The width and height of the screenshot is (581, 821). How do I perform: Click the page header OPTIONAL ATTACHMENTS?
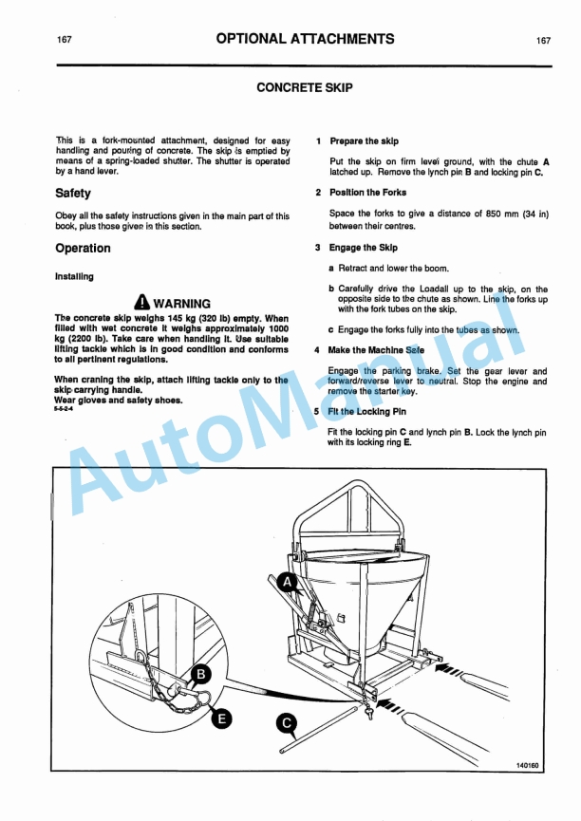pyautogui.click(x=305, y=39)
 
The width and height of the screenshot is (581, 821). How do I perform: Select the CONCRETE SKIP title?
pyautogui.click(x=305, y=87)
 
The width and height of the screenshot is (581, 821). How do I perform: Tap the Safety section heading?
pyautogui.click(x=73, y=193)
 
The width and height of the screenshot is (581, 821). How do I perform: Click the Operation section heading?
pyautogui.click(x=83, y=249)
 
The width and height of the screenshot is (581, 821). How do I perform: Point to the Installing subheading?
pyautogui.click(x=74, y=277)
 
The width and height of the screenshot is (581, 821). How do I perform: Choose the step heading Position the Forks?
pyautogui.click(x=367, y=193)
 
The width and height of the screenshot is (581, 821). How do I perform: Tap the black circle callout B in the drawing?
pyautogui.click(x=200, y=675)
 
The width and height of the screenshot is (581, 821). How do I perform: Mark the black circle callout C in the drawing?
pyautogui.click(x=289, y=723)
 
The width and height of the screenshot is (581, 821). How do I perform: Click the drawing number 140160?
pyautogui.click(x=528, y=765)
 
